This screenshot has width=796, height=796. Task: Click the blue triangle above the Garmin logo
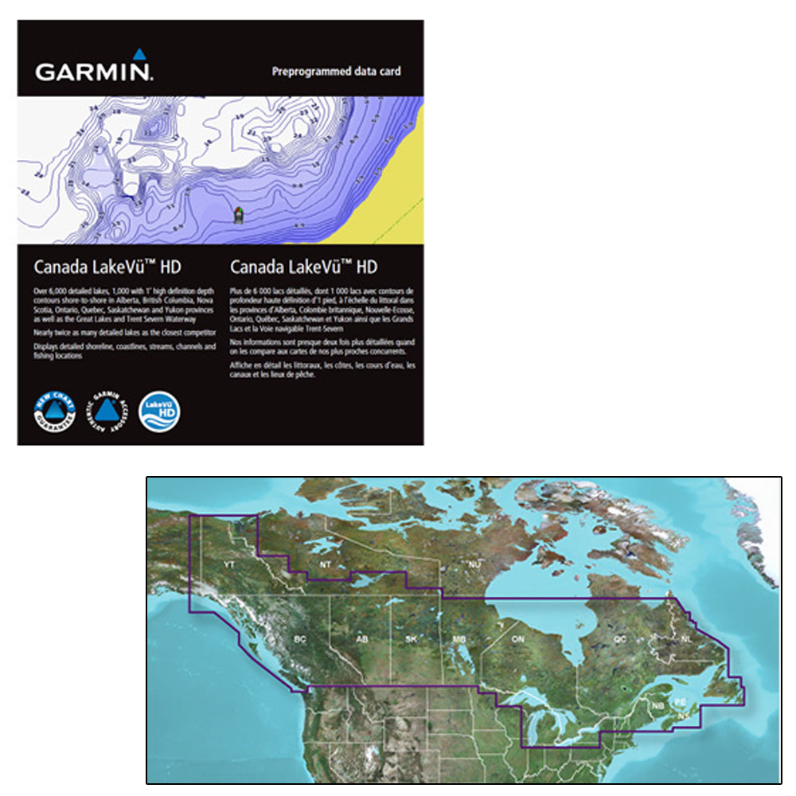coord(138,54)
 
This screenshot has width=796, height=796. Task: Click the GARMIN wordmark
coord(93,72)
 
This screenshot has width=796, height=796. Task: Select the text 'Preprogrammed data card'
coord(337,72)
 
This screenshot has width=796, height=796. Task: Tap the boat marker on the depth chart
coord(237,214)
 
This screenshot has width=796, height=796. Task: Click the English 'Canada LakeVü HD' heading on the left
coord(107,267)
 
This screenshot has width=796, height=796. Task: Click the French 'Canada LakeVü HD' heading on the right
coord(303,267)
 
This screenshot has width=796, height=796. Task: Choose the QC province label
coord(620,639)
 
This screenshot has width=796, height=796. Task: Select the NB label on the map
coord(657,705)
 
